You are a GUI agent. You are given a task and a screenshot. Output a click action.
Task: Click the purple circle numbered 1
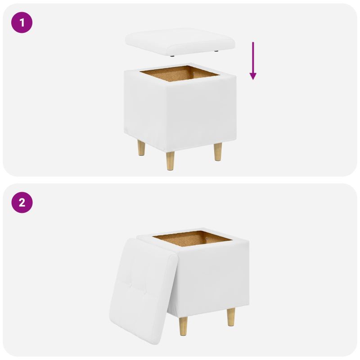point(22,22)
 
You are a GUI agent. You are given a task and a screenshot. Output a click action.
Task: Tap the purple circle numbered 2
point(22,202)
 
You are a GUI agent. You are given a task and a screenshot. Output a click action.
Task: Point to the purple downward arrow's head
point(253,76)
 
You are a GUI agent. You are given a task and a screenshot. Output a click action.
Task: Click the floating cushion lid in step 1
point(180,41)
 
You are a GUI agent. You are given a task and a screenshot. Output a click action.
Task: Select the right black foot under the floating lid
point(216,51)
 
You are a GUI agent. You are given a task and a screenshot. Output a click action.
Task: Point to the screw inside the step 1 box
point(194,74)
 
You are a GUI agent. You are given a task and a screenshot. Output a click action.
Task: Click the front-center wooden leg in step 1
point(170,161)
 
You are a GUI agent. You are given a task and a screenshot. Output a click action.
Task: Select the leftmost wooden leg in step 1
point(141,148)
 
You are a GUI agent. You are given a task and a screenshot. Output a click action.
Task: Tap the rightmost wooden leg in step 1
point(218,152)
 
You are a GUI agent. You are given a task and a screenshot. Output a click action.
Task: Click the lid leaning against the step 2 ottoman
point(144,291)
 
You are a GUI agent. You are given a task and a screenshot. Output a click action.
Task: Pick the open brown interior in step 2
point(193,238)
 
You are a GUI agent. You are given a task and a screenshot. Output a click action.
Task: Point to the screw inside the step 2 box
point(207,239)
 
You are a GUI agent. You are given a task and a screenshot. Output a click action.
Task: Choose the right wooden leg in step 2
point(231,317)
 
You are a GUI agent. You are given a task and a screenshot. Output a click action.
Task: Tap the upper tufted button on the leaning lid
point(131,286)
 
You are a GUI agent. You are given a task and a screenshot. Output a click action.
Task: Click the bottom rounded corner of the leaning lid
point(157,342)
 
